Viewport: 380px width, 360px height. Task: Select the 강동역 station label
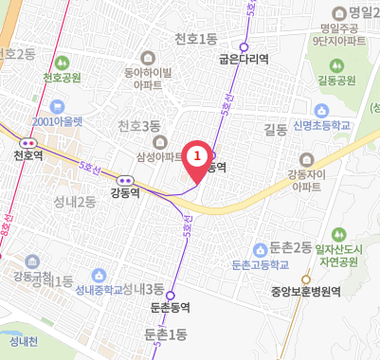125,191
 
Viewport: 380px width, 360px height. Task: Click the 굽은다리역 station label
244,59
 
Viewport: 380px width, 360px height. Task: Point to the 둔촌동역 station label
171,308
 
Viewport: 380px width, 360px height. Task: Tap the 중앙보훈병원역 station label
305,292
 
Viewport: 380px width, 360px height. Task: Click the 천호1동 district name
197,39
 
